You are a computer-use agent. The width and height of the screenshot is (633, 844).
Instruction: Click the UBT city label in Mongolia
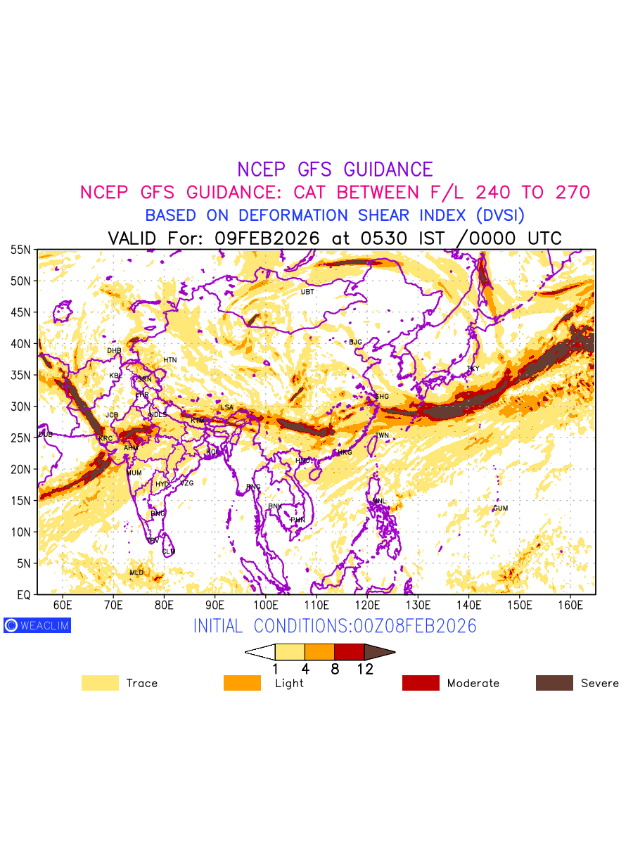[307, 292]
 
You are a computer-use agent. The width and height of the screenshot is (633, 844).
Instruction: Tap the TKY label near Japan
[473, 369]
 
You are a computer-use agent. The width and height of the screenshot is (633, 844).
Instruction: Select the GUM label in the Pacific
[500, 508]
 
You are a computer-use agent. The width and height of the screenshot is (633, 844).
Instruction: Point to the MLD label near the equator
[136, 573]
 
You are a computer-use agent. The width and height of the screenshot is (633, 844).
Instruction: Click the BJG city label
[355, 343]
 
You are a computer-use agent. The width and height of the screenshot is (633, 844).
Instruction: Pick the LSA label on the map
[226, 407]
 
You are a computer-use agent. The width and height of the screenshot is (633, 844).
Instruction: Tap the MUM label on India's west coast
[134, 473]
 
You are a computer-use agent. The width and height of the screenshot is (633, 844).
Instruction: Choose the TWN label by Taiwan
[382, 436]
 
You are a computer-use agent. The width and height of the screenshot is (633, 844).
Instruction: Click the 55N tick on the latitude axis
[20, 250]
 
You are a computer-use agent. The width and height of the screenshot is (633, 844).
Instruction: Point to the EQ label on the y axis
[23, 595]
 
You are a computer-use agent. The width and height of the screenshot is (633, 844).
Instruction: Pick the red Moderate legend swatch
[421, 683]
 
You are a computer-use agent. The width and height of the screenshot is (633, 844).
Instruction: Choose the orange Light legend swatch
[242, 683]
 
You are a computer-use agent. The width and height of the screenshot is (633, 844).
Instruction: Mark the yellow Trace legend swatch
[100, 683]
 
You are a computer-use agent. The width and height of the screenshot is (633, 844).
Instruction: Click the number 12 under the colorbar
[364, 670]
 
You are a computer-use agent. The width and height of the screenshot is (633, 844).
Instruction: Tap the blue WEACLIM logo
[37, 625]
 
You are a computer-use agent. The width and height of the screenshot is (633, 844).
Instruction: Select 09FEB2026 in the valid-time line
[267, 238]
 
